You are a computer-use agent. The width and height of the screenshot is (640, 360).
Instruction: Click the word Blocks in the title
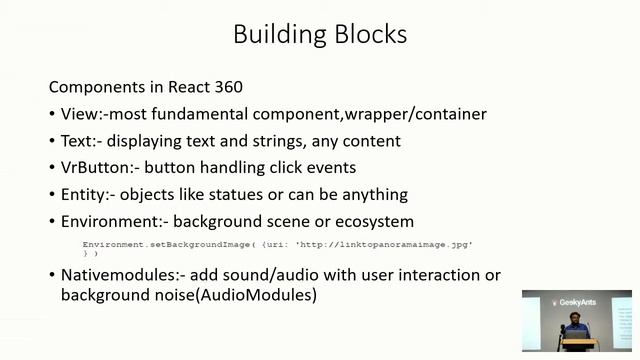click(365, 34)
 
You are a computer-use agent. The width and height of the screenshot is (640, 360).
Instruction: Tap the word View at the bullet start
click(79, 114)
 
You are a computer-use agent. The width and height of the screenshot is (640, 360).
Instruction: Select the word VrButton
click(95, 168)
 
